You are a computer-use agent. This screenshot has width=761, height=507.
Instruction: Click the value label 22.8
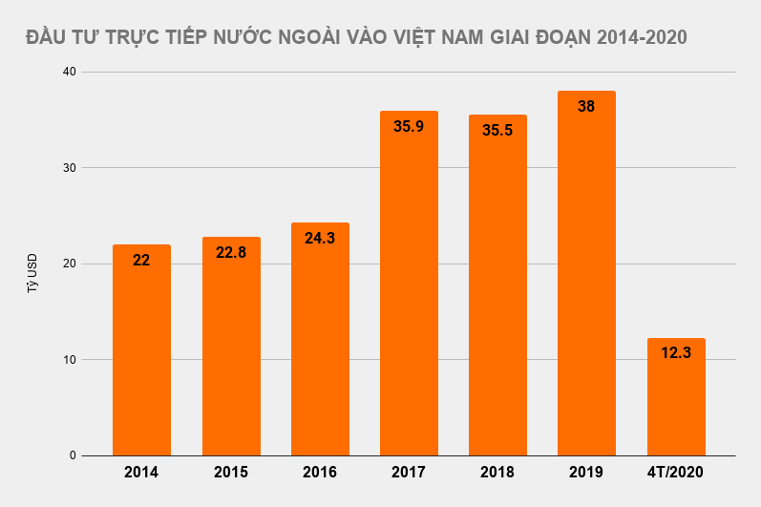[231, 252]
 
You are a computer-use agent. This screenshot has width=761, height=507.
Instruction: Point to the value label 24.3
[320, 238]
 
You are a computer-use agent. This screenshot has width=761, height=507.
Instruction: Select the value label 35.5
[497, 130]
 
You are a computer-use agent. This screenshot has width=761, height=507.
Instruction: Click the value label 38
[586, 106]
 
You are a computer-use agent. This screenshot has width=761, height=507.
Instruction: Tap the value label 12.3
[676, 352]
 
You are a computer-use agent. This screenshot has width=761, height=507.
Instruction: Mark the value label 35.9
[409, 126]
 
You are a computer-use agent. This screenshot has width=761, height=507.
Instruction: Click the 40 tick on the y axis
[70, 72]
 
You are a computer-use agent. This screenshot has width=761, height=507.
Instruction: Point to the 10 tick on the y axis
[70, 360]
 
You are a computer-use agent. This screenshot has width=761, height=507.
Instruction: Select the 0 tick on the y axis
[73, 455]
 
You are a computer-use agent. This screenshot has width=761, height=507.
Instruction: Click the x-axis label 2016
[320, 473]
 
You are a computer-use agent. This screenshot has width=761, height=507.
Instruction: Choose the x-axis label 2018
[497, 473]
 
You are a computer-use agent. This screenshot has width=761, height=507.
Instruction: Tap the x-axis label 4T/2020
[676, 473]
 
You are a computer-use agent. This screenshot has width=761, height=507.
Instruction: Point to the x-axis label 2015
[231, 473]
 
